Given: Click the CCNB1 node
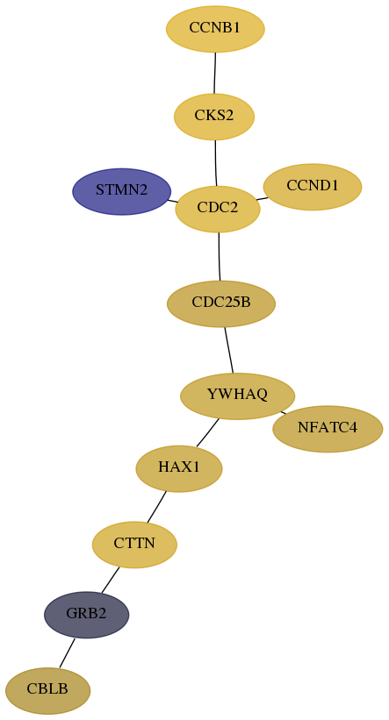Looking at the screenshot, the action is click(x=215, y=28).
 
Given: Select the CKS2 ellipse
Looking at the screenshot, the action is click(x=214, y=117).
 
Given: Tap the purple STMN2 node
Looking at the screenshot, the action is click(x=122, y=191).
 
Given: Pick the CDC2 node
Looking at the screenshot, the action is click(x=218, y=209).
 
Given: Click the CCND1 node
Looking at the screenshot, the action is click(x=313, y=187).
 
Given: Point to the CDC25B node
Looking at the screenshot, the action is click(x=221, y=303).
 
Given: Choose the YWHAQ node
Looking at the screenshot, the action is click(x=237, y=396).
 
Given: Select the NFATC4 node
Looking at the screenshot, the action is click(x=328, y=429).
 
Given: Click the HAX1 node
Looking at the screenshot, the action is click(x=179, y=468).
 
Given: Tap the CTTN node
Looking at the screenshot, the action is click(x=134, y=545).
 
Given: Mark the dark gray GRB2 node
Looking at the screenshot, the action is click(x=86, y=615).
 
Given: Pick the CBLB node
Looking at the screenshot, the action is click(x=47, y=690).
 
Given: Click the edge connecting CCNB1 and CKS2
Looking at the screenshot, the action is click(x=215, y=73).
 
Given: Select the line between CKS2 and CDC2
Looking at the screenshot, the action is click(x=216, y=163).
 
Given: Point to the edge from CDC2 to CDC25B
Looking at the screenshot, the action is click(x=220, y=257).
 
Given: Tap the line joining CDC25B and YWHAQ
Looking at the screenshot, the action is click(x=229, y=350).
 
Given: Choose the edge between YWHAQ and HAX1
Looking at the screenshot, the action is click(x=207, y=432).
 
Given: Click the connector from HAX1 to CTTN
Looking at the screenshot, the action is click(x=157, y=507).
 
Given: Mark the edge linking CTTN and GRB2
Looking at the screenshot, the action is click(x=111, y=580).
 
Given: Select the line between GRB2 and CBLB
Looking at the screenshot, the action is click(x=67, y=652).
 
